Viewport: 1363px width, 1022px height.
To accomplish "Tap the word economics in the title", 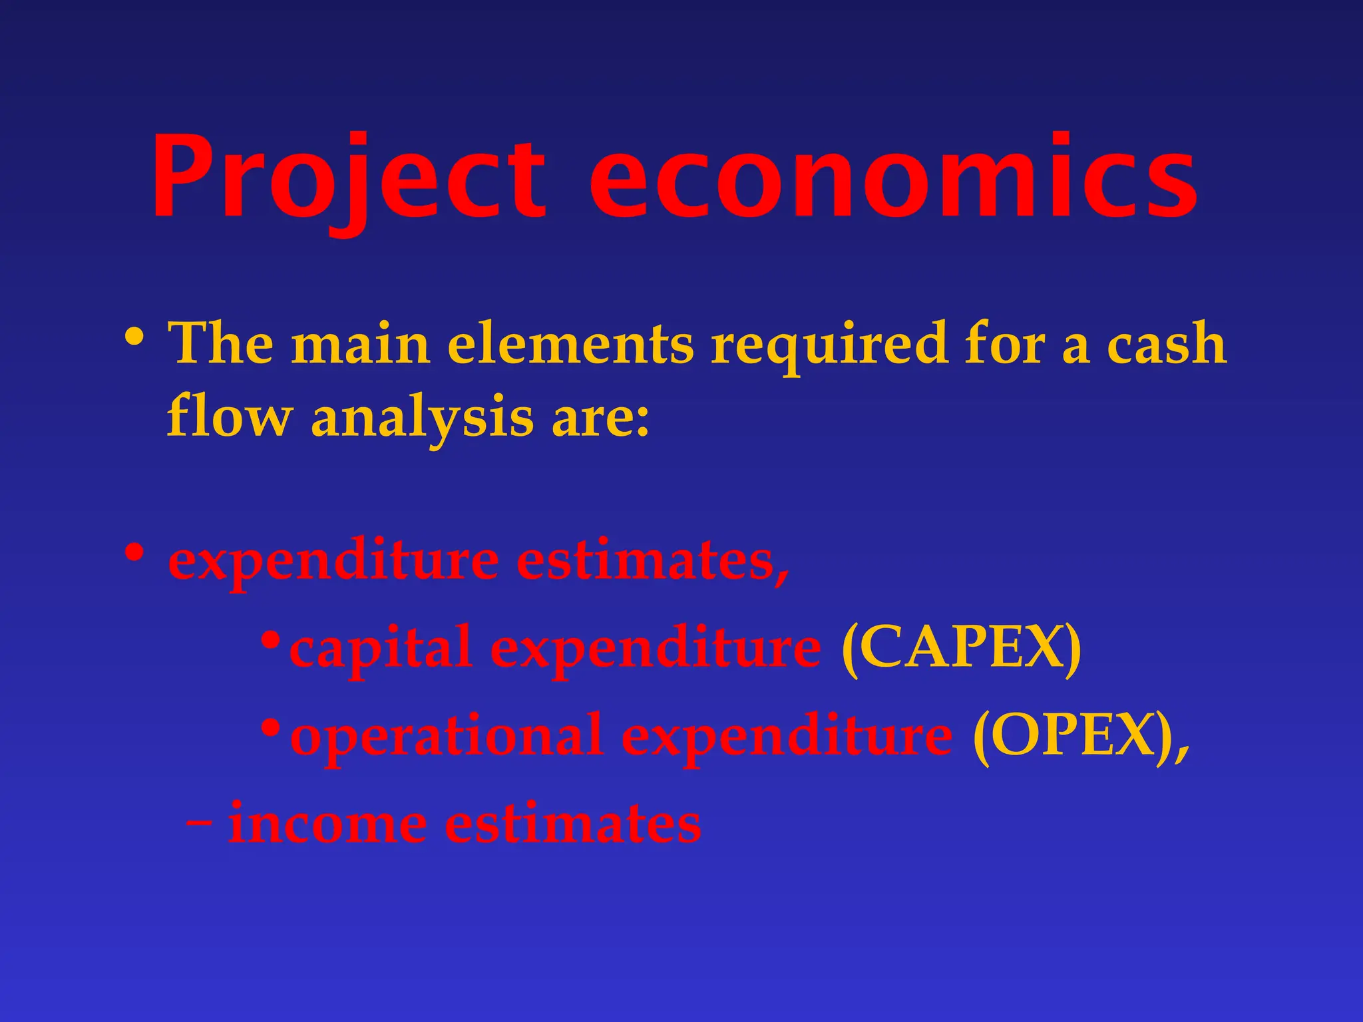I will click(892, 178).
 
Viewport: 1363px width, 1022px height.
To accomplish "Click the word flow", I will click(229, 417).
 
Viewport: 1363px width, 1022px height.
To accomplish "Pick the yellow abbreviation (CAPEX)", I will click(961, 648).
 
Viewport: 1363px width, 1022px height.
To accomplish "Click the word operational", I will click(447, 736).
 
